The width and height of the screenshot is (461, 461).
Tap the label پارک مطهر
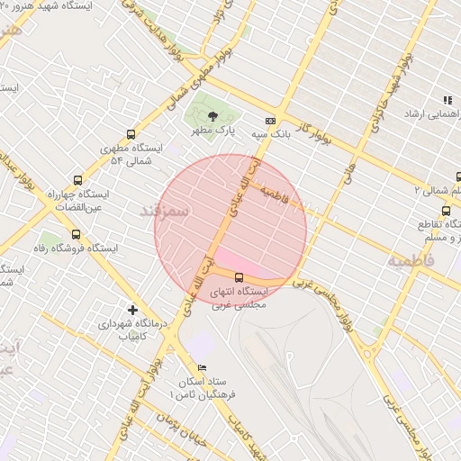pos(212,131)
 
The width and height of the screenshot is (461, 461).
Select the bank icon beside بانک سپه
pos(269,121)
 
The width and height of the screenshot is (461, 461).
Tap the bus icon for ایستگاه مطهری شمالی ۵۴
pos(131,134)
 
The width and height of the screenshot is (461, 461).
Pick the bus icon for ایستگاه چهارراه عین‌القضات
pos(77,180)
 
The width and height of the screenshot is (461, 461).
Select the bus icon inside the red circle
pos(239,277)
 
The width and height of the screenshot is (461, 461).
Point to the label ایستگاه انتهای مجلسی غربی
pos(239,299)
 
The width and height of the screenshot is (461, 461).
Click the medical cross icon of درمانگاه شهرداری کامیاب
pos(133,310)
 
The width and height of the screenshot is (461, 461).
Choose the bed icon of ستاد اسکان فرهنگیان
pos(202,368)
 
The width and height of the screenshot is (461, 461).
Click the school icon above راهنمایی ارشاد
pos(446,100)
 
